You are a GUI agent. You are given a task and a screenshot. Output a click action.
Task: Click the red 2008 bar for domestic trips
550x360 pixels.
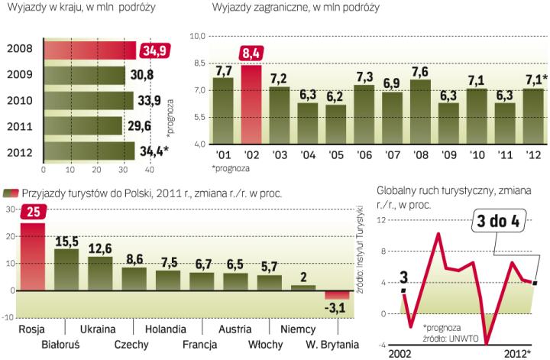tap(89, 50)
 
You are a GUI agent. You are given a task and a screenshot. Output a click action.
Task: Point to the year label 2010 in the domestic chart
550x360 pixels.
tap(19, 100)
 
